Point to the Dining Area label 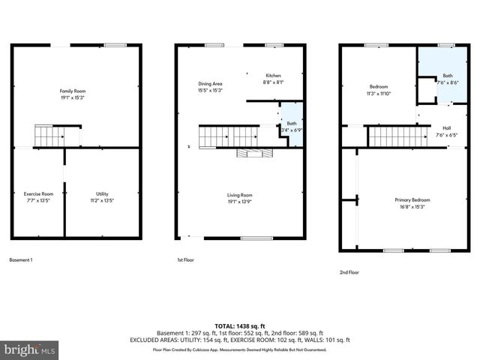[x=210, y=83]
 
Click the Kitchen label [x=273, y=76]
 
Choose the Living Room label [x=241, y=195]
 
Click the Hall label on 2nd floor [x=446, y=128]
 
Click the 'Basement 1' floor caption [x=21, y=260]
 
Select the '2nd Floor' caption [x=349, y=272]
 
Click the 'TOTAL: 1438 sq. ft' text [x=239, y=326]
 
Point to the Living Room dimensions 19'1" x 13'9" [x=241, y=201]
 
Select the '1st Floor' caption [x=185, y=260]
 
